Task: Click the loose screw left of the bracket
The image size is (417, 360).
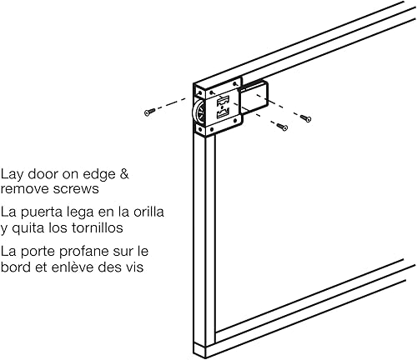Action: pos(148,111)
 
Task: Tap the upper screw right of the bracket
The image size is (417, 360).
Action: pos(305,119)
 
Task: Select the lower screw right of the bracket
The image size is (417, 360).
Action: pos(283,127)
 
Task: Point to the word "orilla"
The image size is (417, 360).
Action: pos(145,212)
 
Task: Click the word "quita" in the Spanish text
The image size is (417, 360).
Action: pos(30,227)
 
